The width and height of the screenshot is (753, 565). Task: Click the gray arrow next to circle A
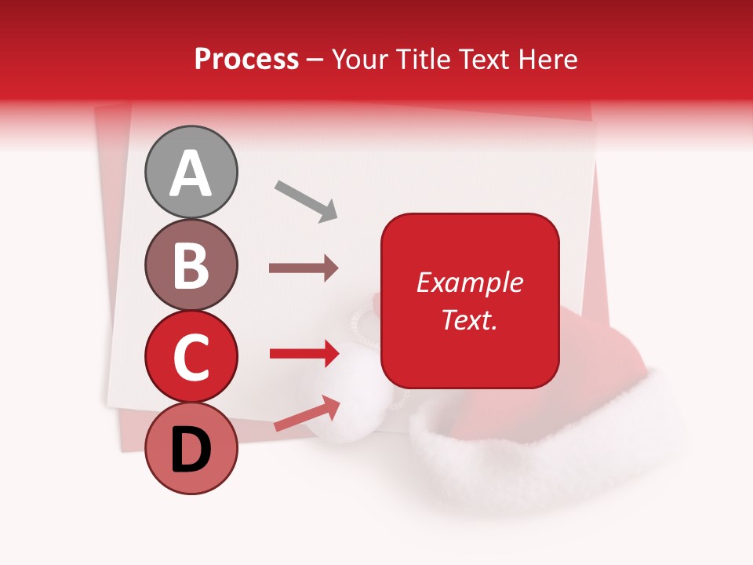point(306,200)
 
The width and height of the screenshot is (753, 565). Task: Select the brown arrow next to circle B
point(304,268)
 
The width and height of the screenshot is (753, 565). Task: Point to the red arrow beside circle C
point(304,353)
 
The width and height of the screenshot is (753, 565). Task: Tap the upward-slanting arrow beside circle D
point(307,414)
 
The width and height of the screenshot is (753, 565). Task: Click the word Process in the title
point(246,60)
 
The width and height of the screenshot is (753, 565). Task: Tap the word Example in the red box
point(469,282)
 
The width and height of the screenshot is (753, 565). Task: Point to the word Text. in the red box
point(469,319)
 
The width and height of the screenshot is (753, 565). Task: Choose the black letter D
point(191,451)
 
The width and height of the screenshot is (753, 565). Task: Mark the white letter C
point(191,357)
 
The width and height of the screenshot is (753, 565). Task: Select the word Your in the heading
point(361,60)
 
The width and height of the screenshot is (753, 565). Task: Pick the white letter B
point(191,264)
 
